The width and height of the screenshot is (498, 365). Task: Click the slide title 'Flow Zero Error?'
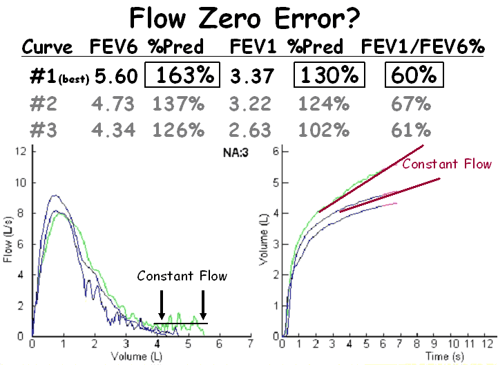click(249, 17)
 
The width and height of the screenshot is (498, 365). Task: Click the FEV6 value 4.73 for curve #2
click(113, 104)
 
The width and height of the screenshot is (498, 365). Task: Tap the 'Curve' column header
click(48, 47)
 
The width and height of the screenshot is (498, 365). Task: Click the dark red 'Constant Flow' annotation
click(447, 164)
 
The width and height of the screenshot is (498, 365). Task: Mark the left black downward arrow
click(161, 303)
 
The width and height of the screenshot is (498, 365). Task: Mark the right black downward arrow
click(203, 303)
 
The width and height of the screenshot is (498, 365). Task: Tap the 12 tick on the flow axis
click(23, 151)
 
